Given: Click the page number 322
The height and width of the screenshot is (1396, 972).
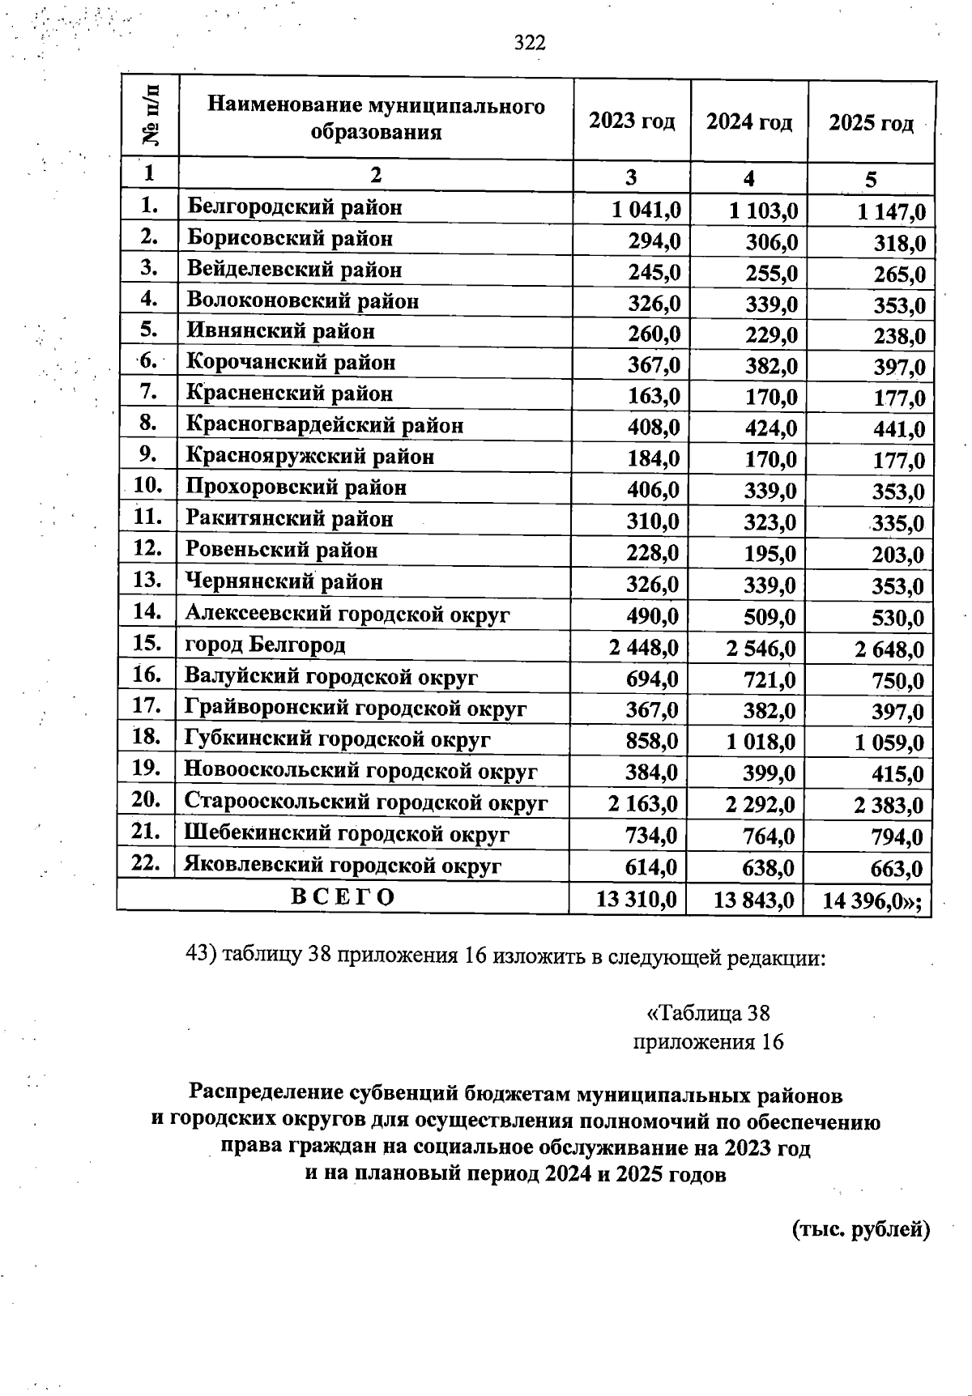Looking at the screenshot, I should tap(531, 43).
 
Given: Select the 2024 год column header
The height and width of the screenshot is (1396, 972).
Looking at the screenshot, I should tap(748, 122).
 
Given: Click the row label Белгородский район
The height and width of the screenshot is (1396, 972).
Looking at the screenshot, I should tap(295, 207).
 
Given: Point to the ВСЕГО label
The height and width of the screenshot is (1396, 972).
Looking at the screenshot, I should tap(343, 897).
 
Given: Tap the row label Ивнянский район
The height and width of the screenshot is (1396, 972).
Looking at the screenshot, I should tap(280, 331).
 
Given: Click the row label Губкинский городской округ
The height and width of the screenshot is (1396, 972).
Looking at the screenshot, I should tap(338, 739).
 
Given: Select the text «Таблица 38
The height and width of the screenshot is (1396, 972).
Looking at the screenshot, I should tap(708, 1013).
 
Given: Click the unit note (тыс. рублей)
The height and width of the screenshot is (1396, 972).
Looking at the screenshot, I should tap(859, 1229).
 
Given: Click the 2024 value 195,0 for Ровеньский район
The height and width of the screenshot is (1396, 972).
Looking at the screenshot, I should tap(770, 555).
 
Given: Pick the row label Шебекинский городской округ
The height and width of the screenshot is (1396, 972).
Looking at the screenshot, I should tap(347, 833).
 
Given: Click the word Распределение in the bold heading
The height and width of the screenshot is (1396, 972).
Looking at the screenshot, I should tap(266, 1095).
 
